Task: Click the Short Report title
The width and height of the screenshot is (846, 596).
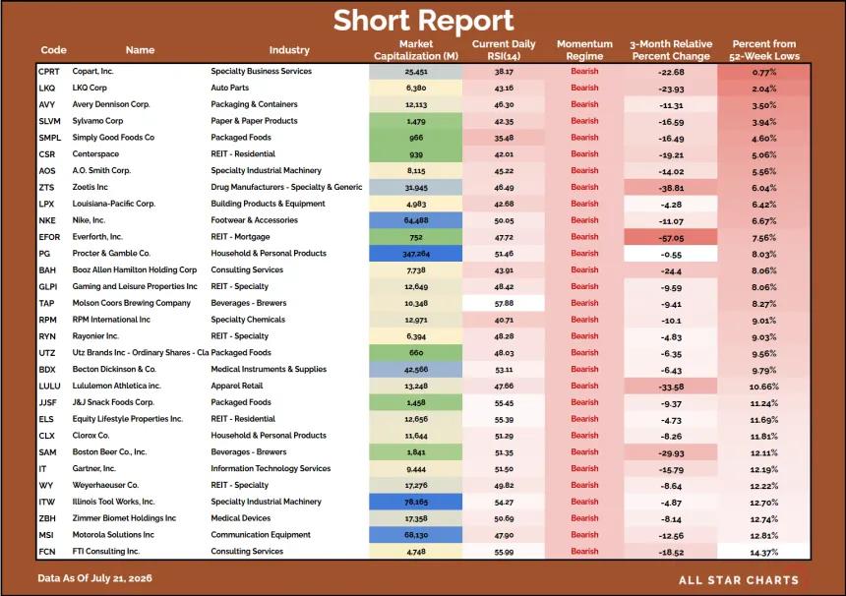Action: (423, 21)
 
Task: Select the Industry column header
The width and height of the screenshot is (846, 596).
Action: (289, 50)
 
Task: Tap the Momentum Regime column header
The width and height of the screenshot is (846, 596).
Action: (584, 50)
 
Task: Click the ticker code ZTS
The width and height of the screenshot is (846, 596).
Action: (46, 187)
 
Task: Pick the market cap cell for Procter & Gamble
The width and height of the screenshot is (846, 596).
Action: (415, 254)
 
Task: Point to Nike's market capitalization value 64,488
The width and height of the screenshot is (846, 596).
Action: (415, 220)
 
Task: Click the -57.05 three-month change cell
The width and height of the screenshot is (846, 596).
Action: (671, 237)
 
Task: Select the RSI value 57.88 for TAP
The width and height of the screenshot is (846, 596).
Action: (504, 303)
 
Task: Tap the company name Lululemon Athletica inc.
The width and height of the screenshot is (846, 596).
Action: (116, 386)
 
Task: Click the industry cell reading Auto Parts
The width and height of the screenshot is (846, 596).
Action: (230, 88)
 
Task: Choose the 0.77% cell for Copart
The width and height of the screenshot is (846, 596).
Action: (764, 72)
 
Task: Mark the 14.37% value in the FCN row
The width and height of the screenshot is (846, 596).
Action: (764, 553)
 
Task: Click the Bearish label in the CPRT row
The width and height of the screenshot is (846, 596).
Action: (584, 71)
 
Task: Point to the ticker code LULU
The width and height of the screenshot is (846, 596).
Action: (49, 387)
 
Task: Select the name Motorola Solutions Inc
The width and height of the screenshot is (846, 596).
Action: (113, 534)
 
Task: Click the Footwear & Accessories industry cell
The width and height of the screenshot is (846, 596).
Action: (254, 220)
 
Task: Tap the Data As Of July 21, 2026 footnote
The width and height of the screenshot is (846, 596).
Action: (95, 578)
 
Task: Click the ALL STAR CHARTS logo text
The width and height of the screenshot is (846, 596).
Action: (739, 580)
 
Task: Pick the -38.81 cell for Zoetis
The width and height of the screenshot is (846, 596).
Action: (671, 188)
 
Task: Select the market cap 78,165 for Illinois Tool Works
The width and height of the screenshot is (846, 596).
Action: (415, 503)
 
